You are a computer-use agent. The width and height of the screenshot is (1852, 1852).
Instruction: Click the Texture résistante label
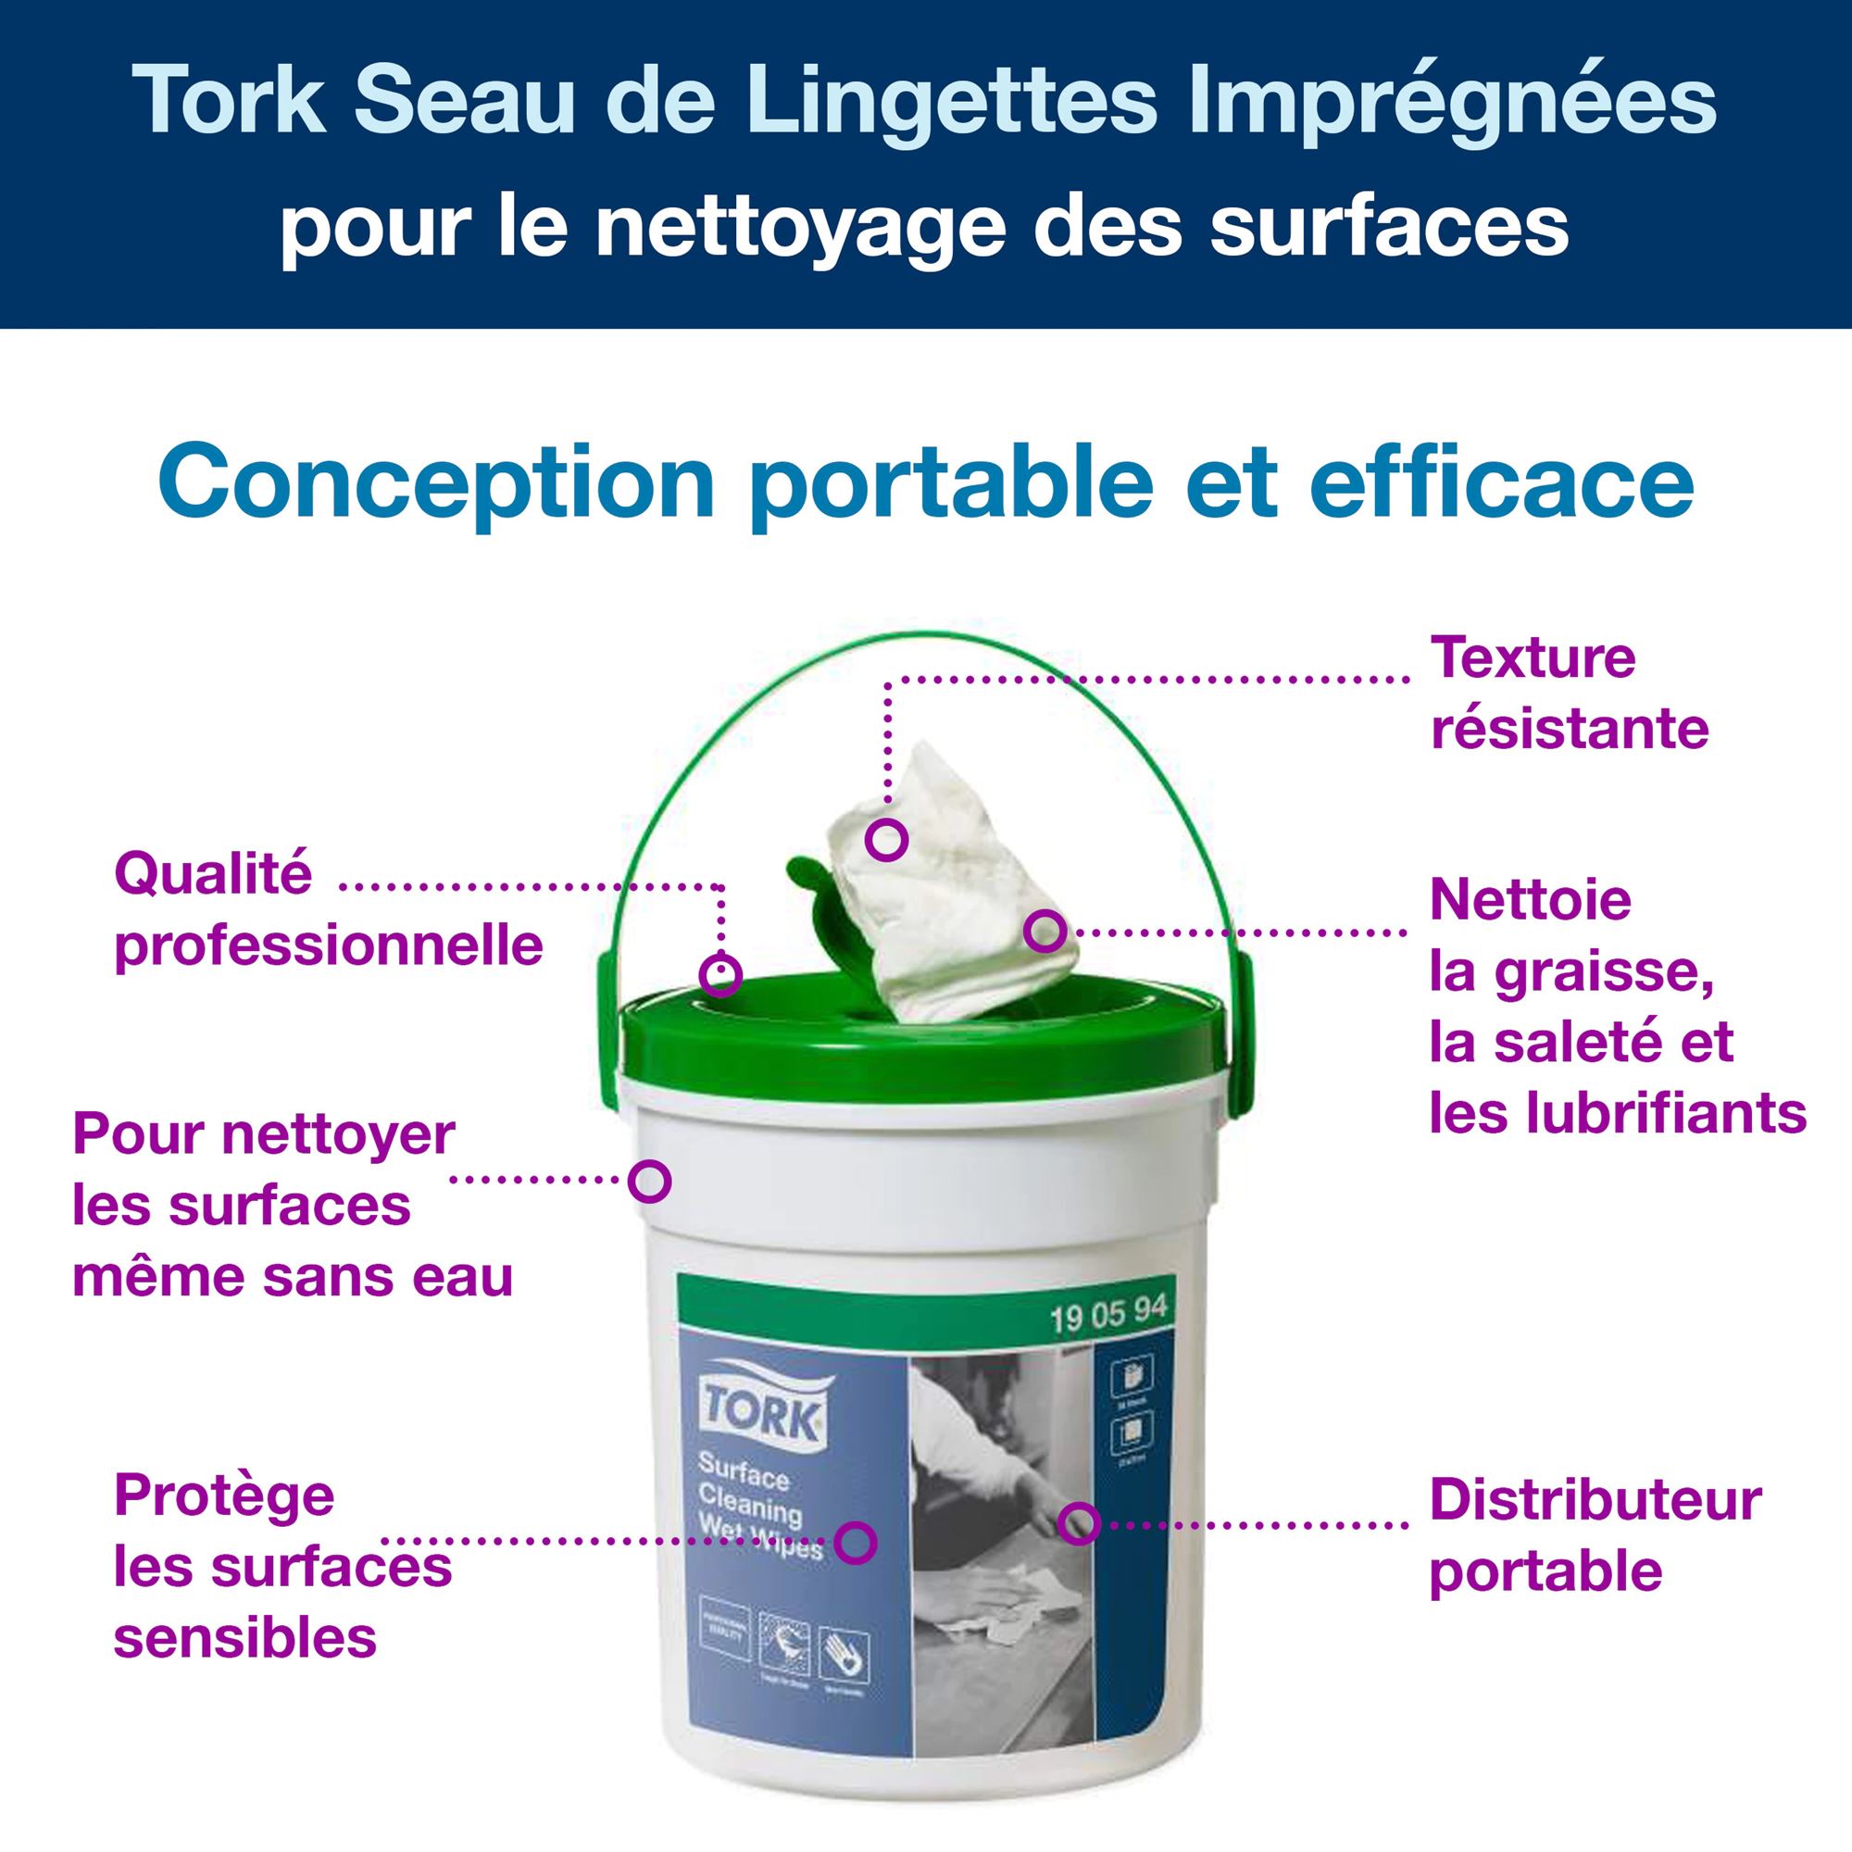(1569, 694)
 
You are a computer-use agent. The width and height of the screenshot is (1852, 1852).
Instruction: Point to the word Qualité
(213, 875)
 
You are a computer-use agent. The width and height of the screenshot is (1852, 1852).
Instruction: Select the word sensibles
(245, 1639)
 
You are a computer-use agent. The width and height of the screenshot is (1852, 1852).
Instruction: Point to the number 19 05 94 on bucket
(1107, 1314)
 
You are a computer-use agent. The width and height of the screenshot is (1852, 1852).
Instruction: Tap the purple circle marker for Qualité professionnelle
(720, 975)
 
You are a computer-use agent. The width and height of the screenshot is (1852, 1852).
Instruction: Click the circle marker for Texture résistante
(886, 840)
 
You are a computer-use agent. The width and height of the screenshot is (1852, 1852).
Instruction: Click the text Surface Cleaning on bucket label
(747, 1490)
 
